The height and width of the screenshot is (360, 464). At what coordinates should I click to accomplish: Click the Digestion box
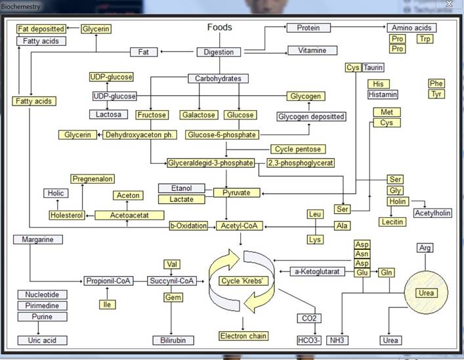point(219,52)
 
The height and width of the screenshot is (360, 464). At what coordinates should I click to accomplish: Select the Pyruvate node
point(236,193)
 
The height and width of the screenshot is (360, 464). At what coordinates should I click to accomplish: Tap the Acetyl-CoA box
point(240,226)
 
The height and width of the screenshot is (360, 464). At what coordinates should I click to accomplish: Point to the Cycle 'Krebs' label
point(242,281)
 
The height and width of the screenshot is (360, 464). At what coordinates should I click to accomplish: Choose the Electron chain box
point(243,336)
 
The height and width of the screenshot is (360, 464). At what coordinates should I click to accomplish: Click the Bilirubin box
point(173,340)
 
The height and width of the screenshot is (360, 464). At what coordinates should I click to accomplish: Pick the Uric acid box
point(42,340)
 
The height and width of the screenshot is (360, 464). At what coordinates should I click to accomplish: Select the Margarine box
point(38,239)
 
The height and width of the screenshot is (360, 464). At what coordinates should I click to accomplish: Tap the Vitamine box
point(312,50)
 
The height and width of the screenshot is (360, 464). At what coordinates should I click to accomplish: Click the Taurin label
point(373,68)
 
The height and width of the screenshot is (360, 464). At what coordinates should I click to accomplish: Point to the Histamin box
point(383,94)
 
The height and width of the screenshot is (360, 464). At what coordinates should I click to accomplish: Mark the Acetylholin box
point(432,213)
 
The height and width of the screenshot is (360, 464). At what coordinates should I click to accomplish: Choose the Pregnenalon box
point(93,179)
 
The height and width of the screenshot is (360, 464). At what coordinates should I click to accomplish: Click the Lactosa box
point(108,114)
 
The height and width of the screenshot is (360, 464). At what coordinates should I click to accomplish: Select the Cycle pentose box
point(298,149)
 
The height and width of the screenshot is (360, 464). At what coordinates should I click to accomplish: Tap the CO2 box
point(309,318)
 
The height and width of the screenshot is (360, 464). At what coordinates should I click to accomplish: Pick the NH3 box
point(337,340)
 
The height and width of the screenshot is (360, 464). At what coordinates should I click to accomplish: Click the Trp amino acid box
point(425,39)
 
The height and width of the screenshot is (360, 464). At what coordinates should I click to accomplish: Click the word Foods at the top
point(220,27)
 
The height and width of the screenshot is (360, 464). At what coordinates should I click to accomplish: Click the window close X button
point(449,3)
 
